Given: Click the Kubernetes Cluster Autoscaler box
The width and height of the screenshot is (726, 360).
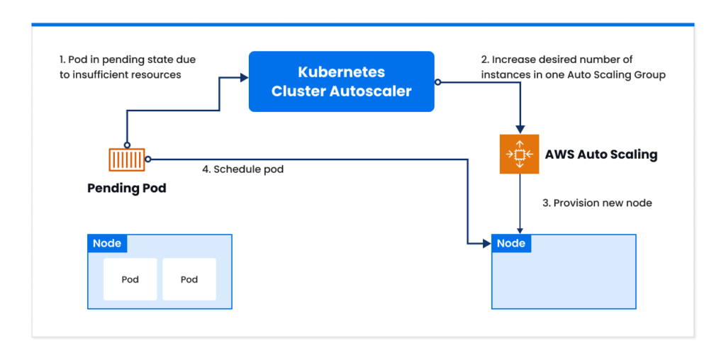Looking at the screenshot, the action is pos(341,81).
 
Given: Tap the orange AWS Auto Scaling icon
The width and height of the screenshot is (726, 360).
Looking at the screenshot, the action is pos(520,154).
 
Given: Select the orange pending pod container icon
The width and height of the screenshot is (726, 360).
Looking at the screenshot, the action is pos(127,160).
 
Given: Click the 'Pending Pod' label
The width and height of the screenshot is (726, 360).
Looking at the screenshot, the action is pos(127,189).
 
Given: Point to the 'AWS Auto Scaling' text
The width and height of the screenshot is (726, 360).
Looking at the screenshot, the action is pos(601,154).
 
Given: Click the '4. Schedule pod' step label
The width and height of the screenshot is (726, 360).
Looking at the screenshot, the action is pos(242,169).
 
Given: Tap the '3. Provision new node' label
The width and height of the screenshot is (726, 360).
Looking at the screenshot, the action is pos(597,203).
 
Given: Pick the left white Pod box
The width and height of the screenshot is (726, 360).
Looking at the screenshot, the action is pos(130,279).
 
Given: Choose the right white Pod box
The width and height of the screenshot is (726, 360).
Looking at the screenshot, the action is pos(189,279).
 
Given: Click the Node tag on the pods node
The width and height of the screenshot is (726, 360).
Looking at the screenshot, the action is pos(107,243).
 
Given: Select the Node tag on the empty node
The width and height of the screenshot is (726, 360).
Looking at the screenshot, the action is pos(511,243).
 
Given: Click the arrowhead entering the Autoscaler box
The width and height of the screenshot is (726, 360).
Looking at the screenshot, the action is pos(245,78).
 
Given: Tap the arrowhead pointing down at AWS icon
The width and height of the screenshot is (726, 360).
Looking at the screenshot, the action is pos(520,129).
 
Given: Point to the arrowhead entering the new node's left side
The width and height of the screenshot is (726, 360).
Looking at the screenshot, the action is pos(487,243).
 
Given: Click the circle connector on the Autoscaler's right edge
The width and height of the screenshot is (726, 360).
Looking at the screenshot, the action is pos(437,82).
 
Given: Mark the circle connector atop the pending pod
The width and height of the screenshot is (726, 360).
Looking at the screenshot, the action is pos(127,145).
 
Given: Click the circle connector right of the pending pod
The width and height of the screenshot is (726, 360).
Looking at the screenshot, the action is pos(148,159).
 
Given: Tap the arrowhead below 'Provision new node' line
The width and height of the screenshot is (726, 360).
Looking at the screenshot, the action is pos(520,231).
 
